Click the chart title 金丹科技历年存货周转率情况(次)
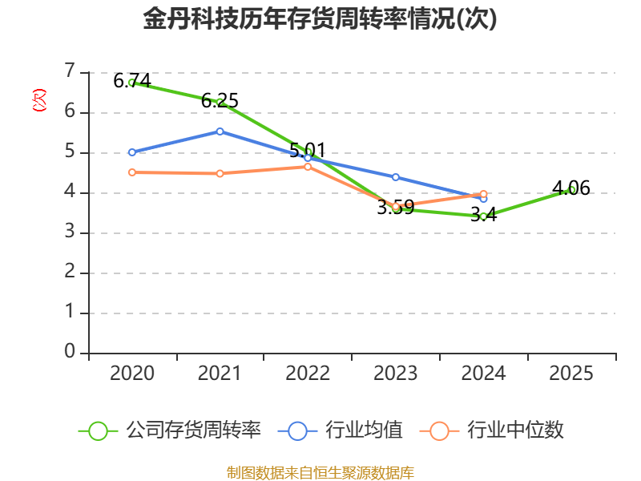tap(320, 19)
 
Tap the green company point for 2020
tap(132, 82)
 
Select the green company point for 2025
tap(572, 189)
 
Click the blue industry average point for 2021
tap(220, 131)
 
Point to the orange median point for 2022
tap(308, 166)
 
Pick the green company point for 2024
tap(483, 216)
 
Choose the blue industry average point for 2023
tap(396, 176)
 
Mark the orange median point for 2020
tap(132, 172)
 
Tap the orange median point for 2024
tap(483, 194)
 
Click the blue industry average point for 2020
tap(132, 152)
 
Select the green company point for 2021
tap(220, 101)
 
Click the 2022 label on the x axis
tap(308, 374)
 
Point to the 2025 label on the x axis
tap(572, 374)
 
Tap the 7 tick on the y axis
tap(70, 71)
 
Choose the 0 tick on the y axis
tap(70, 352)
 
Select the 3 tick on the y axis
tap(70, 232)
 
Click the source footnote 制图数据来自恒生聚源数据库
tap(320, 472)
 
